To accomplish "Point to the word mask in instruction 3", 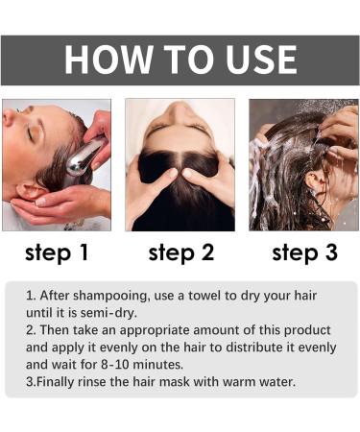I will point(171,382).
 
